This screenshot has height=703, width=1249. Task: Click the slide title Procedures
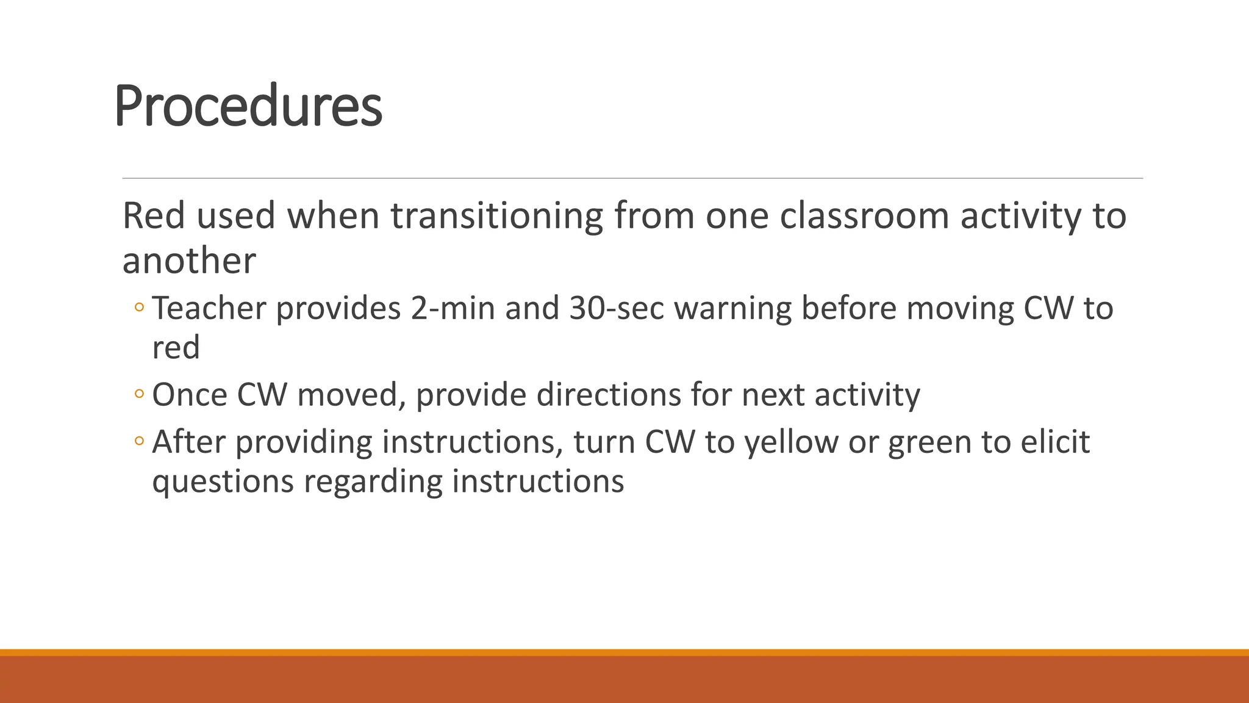248,106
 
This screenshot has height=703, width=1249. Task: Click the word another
189,261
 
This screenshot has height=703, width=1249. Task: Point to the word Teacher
209,308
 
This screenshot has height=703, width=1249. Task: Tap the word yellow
791,442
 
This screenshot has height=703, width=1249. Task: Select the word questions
223,482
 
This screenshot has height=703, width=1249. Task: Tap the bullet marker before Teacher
139,308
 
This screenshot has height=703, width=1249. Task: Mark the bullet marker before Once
139,394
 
